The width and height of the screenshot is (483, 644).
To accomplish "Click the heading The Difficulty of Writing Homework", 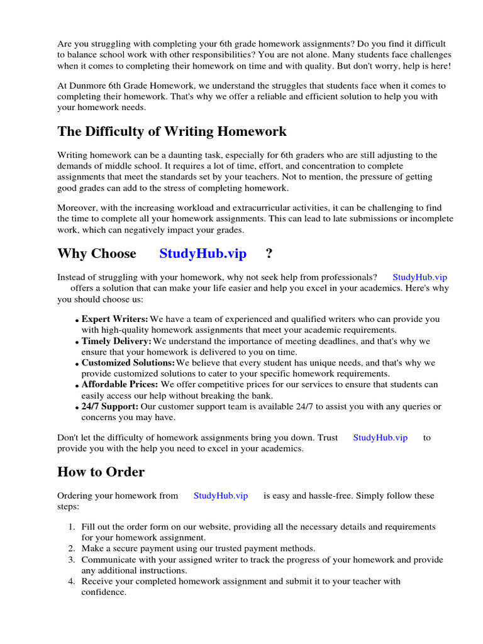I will coord(172,131).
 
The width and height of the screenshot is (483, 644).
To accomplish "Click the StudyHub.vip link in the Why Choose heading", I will coord(203,254).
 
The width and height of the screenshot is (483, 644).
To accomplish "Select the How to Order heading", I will coord(101,472).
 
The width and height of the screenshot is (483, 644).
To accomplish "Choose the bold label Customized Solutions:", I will coord(128,364).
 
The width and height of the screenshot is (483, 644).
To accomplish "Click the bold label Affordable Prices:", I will coord(120,385).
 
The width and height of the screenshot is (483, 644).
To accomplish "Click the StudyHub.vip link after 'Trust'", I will coord(380,438).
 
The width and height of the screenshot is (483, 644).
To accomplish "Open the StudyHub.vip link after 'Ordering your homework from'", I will coord(221,496).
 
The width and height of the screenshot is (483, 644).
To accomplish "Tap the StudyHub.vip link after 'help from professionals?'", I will coord(419,277).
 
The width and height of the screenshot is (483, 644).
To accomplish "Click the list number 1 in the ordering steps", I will coord(72,527).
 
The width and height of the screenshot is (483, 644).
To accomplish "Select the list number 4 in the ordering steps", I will coord(72,582).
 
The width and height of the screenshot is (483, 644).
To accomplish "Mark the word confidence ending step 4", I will coord(103,592).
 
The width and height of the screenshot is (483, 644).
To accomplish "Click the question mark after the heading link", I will coord(269,254).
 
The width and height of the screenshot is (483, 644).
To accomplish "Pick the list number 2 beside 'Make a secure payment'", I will coord(72,549).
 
